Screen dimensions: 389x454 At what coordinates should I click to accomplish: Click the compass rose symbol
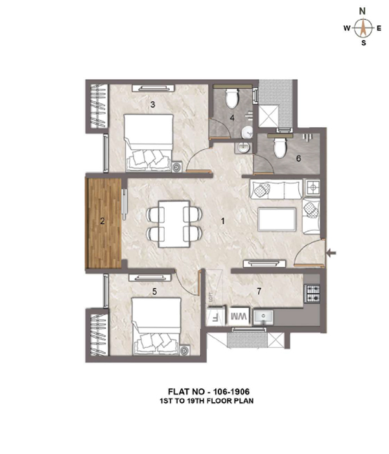click(x=362, y=28)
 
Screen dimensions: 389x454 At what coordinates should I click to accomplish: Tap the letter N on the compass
click(x=362, y=11)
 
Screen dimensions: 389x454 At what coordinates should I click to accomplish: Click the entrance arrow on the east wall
click(x=331, y=253)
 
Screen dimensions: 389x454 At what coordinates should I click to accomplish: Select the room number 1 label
click(x=222, y=221)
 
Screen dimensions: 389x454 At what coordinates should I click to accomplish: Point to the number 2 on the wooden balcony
click(x=102, y=222)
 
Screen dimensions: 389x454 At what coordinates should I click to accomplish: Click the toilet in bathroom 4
click(x=232, y=98)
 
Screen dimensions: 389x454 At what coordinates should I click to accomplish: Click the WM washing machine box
click(x=239, y=317)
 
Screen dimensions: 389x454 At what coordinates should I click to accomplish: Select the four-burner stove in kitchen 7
click(x=312, y=294)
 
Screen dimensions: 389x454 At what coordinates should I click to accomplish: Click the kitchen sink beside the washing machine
click(x=263, y=317)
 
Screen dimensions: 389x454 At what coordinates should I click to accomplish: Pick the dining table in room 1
click(x=174, y=224)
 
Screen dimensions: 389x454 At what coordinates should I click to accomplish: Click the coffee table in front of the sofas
click(x=277, y=219)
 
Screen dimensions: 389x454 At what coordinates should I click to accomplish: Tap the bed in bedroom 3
click(x=148, y=143)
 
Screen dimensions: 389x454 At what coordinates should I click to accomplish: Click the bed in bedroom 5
click(x=157, y=326)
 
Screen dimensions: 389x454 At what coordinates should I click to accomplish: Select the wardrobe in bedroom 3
click(x=97, y=106)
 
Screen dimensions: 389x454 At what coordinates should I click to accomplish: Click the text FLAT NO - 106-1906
click(x=209, y=392)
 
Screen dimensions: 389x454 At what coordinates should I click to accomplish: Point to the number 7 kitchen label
click(x=259, y=291)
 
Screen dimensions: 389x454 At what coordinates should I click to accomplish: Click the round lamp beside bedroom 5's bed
click(x=184, y=350)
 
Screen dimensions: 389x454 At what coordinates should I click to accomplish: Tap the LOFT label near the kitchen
click(x=211, y=297)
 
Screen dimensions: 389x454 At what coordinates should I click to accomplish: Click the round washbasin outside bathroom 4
click(x=243, y=148)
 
